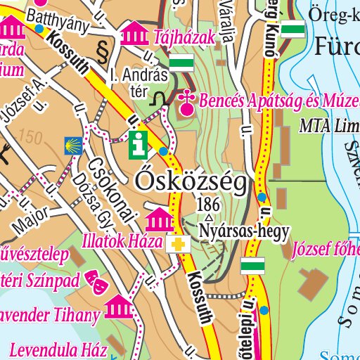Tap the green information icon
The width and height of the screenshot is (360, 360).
pyautogui.click(x=141, y=143)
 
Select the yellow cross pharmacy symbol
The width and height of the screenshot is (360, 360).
pyautogui.click(x=176, y=244)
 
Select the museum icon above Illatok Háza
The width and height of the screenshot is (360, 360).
pyautogui.click(x=160, y=218)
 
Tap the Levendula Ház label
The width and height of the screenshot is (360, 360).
pyautogui.click(x=57, y=349)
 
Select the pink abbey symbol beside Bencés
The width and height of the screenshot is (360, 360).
pyautogui.click(x=187, y=102)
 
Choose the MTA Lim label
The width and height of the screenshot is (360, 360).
pyautogui.click(x=329, y=127)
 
